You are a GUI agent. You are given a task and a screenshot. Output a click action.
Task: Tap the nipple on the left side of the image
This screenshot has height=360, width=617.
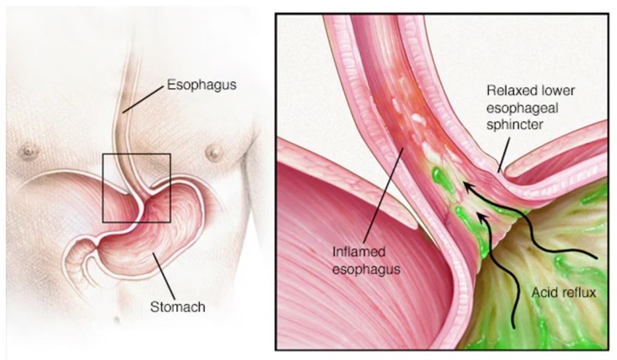point(30,152)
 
